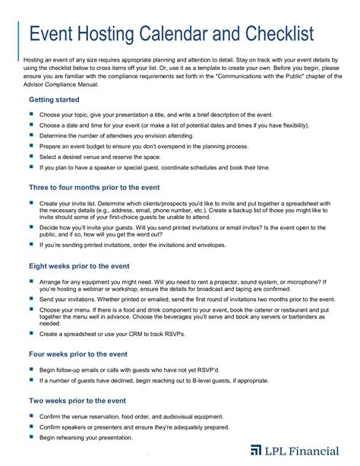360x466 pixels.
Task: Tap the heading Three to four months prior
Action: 94,187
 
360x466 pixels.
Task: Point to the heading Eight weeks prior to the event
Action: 89,266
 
